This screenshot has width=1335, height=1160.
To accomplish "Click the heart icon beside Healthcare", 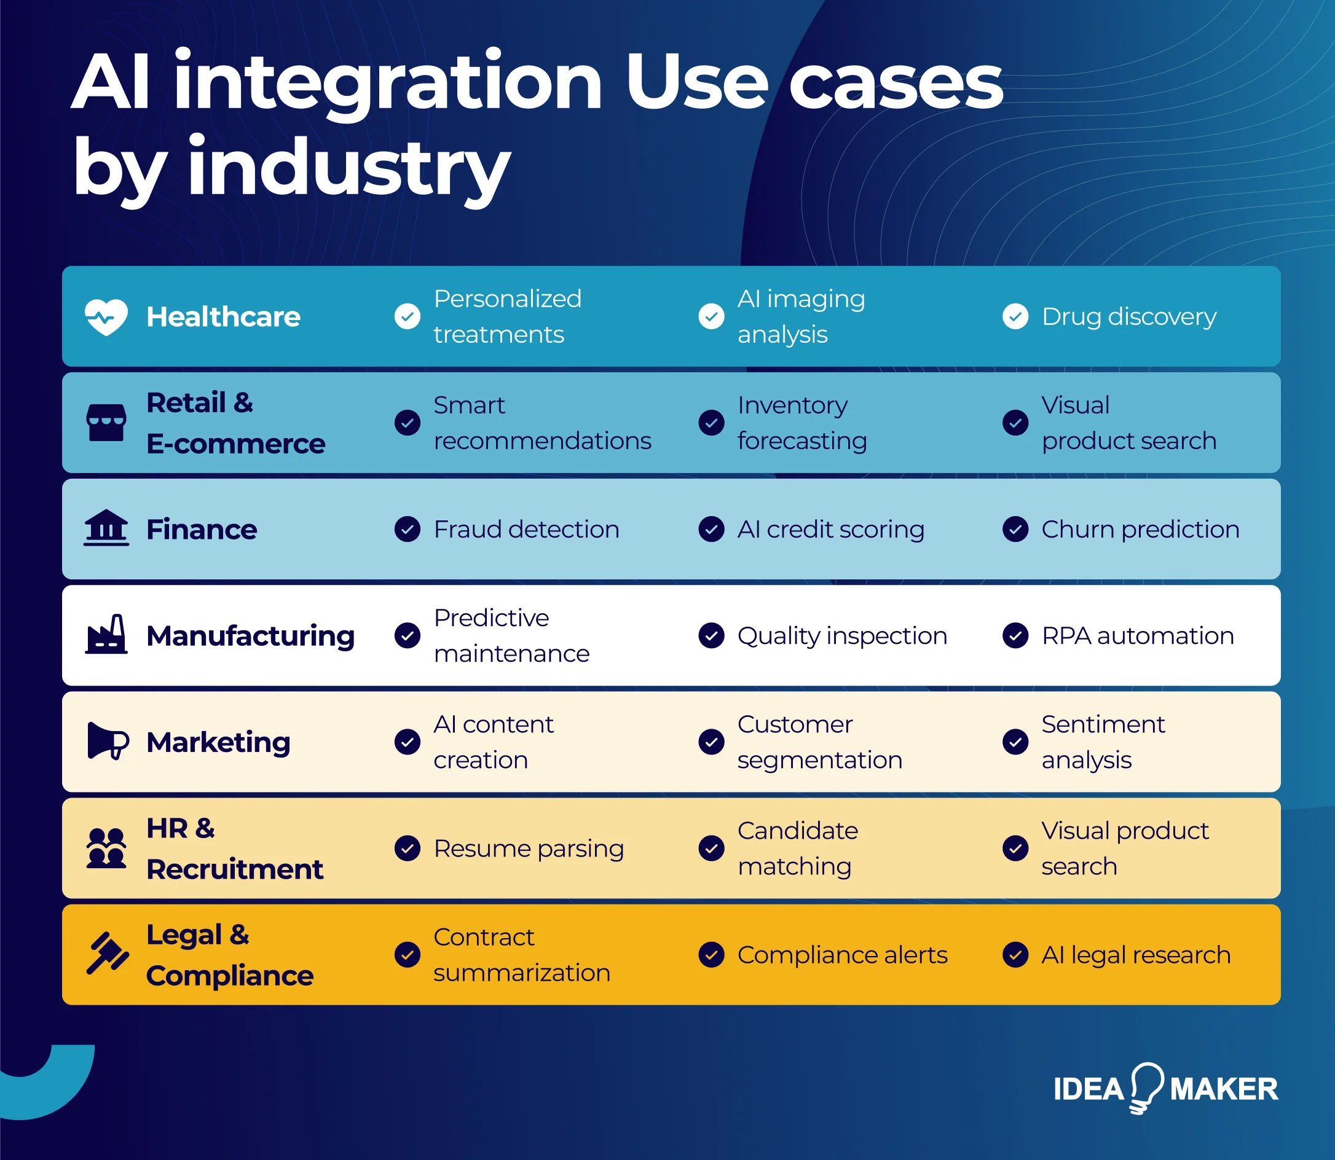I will (106, 316).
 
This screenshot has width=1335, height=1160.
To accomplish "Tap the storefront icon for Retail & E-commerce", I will (106, 423).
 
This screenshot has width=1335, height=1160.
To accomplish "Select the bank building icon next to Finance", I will (106, 528).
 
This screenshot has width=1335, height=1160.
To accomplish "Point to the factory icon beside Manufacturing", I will (106, 635).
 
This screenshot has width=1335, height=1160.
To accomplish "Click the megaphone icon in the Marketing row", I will (108, 741).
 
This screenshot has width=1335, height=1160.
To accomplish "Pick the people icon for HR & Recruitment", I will (106, 847).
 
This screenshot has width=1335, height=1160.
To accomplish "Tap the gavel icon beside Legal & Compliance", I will (107, 954).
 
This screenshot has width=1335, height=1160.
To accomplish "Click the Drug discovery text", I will (1128, 316).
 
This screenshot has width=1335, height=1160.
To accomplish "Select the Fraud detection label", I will (526, 530).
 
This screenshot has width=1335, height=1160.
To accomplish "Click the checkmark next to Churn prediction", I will (1015, 530).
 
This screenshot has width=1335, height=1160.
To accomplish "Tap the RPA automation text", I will (1137, 636).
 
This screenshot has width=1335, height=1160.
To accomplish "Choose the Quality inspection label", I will (841, 636).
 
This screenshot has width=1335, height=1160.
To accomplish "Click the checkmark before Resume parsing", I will (408, 848).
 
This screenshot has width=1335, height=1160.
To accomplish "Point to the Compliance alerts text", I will (841, 955).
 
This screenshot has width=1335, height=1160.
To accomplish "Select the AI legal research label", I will (1136, 955).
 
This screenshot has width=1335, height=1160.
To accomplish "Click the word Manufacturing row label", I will (250, 636).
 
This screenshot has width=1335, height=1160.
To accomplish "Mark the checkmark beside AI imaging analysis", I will (711, 316).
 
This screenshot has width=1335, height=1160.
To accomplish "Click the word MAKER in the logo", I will (1224, 1089).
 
